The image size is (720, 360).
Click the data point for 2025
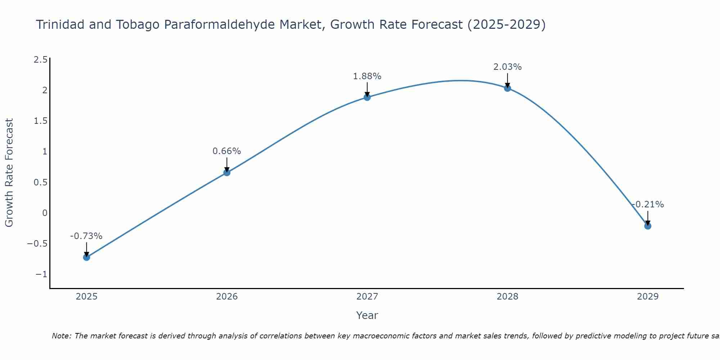(86, 257)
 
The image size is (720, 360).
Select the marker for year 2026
(227, 172)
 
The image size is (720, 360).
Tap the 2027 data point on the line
(367, 97)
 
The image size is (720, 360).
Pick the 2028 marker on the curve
(508, 88)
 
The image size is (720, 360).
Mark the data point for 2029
(648, 226)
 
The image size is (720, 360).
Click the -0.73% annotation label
(86, 236)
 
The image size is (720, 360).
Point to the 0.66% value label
(227, 151)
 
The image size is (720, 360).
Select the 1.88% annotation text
(367, 76)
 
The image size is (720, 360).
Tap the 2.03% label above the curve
(508, 67)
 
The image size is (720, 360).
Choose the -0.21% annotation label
(648, 204)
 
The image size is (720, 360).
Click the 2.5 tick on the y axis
(40, 60)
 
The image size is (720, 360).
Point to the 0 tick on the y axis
(45, 213)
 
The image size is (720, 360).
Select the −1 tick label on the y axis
(41, 274)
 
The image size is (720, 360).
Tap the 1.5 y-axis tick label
(40, 121)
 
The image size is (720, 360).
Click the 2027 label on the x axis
(367, 297)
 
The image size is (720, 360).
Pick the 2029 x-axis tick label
(648, 297)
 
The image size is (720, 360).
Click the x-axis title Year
(367, 315)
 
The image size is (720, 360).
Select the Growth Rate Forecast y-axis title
(9, 173)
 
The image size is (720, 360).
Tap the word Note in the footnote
(62, 336)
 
